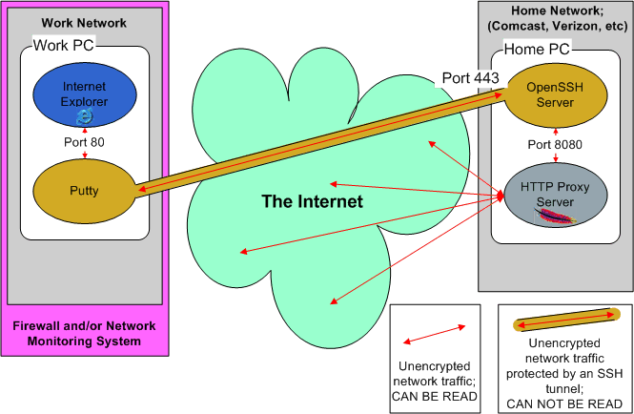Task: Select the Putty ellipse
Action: click(x=86, y=191)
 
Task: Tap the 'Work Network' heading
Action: click(x=84, y=22)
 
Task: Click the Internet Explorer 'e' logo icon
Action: click(x=86, y=114)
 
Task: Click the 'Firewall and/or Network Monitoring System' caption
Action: click(x=84, y=334)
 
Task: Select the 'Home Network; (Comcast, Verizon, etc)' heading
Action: click(x=555, y=20)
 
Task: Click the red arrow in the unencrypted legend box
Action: click(x=433, y=333)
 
